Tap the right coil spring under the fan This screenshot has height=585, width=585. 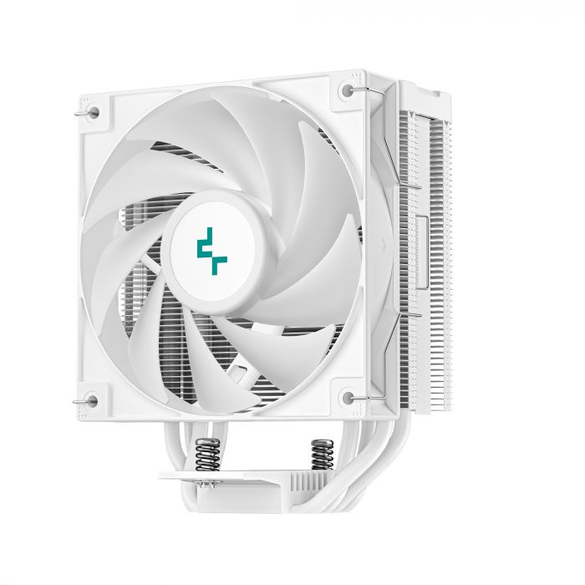click(318, 456)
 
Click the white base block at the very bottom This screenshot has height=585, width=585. click(251, 510)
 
